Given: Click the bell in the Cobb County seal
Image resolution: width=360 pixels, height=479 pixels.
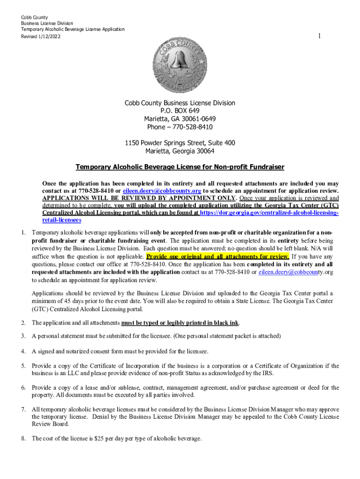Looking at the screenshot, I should tap(180, 61).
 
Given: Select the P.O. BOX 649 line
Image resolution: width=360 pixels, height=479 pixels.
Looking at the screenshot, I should tap(180, 111).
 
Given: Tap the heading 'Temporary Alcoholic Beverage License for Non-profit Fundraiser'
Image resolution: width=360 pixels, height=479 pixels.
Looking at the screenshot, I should tap(180, 167).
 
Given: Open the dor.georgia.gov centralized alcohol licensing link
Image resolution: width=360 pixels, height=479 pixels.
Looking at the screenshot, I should tap(269, 213).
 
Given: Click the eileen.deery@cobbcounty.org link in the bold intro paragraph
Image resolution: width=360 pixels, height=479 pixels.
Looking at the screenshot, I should tap(162, 191).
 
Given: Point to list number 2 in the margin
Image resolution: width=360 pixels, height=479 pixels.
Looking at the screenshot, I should tap(23, 323).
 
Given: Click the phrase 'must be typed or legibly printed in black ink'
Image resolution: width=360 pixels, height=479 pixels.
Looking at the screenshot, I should tap(180, 323).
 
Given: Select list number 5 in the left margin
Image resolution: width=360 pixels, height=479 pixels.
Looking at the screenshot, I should tap(23, 366).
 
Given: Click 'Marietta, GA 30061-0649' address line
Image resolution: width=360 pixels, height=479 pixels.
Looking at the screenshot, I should tap(180, 119).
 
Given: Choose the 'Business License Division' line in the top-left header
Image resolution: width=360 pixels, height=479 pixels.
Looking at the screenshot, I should tap(47, 23).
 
